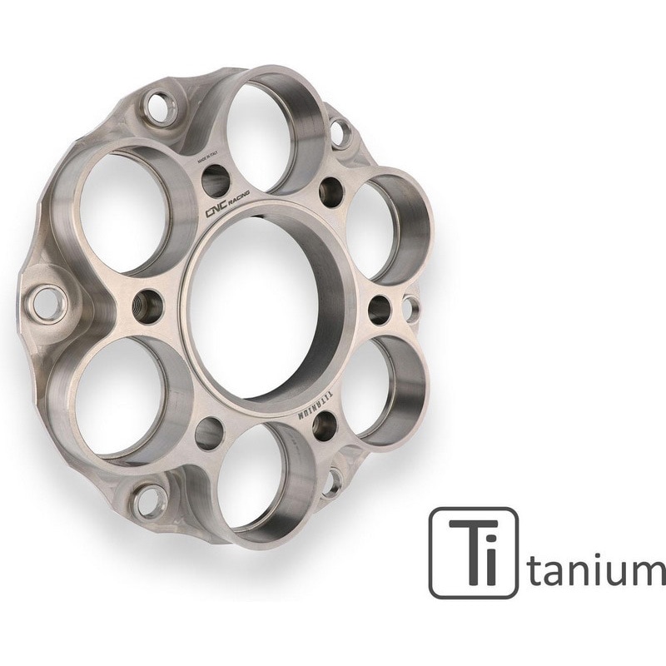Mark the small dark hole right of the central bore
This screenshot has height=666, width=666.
(x=379, y=309)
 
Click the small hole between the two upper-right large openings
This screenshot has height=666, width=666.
(x=330, y=188)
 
